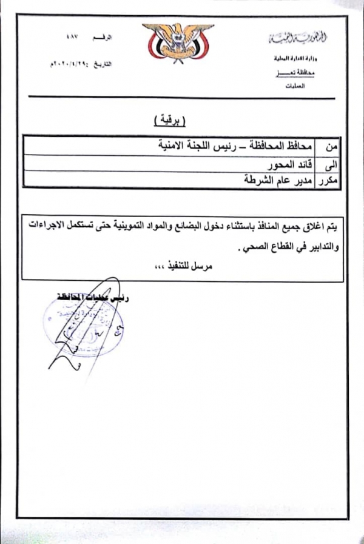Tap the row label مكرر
329,181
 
